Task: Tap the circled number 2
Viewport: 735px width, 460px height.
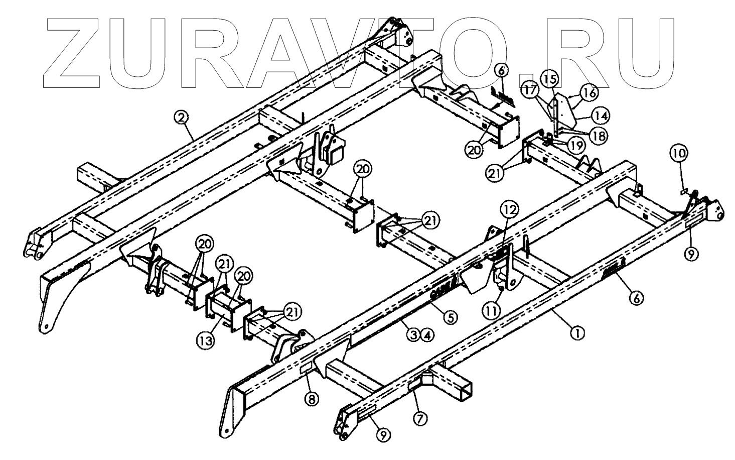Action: click(181, 118)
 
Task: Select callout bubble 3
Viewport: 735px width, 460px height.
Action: click(413, 334)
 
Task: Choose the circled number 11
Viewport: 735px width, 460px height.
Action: click(491, 311)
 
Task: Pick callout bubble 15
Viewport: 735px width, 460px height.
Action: click(549, 79)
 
